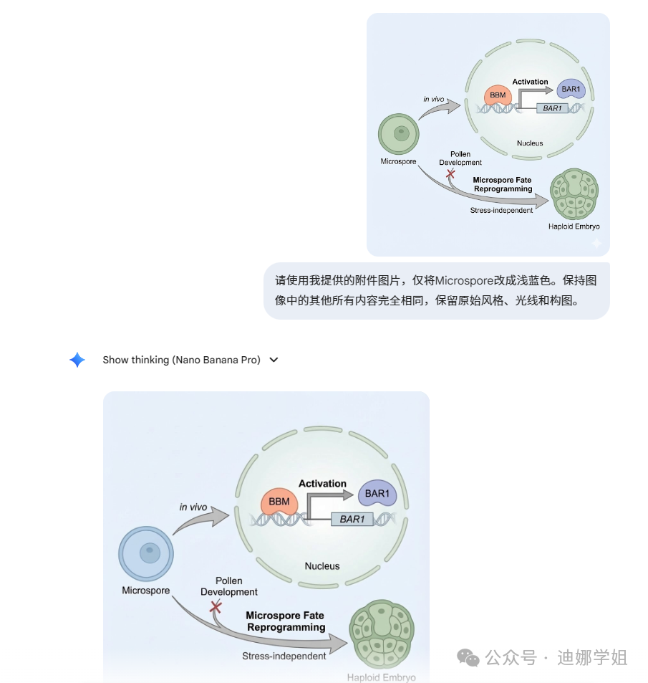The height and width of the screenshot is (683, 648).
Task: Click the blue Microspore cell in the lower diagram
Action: coord(146,554)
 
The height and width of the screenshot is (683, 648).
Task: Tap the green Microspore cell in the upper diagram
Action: coord(398,133)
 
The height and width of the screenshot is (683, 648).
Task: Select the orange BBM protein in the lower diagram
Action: coord(279,502)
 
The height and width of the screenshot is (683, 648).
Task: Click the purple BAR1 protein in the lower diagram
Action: coord(377,495)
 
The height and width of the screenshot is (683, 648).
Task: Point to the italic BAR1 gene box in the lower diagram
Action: coord(352,519)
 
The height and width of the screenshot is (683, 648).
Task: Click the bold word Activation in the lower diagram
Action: coord(322,484)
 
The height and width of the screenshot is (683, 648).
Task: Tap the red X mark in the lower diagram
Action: coord(215,607)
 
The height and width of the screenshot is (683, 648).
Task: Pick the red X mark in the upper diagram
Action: coord(450,174)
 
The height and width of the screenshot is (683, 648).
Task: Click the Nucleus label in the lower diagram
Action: coord(322,566)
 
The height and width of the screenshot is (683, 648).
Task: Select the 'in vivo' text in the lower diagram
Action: coord(193,507)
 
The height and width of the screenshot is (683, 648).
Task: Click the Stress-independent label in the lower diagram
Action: coord(284,656)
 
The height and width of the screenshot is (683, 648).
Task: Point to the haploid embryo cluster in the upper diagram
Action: coord(574,194)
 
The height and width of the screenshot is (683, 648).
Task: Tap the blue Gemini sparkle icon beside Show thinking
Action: coord(77,360)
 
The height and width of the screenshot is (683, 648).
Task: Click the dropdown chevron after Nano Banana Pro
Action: coord(274,360)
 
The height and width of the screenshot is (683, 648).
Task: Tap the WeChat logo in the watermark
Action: coord(468,657)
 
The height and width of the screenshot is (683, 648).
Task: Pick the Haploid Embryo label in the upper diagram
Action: coord(574,226)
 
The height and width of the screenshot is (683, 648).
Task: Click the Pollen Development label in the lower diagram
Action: coord(229,586)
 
